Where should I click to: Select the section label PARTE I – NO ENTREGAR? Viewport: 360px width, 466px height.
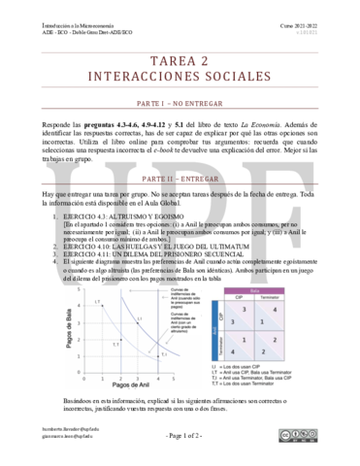point(180,101)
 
